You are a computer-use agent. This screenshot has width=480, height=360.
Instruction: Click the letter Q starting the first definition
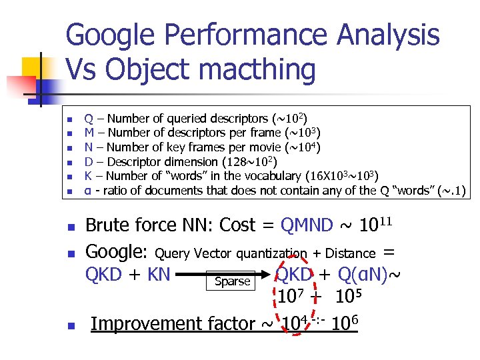point(88,119)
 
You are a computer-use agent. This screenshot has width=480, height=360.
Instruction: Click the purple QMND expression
point(307,225)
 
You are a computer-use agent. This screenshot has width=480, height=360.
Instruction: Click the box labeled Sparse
point(231,281)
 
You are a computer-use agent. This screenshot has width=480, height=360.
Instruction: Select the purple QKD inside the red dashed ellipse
point(294,274)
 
